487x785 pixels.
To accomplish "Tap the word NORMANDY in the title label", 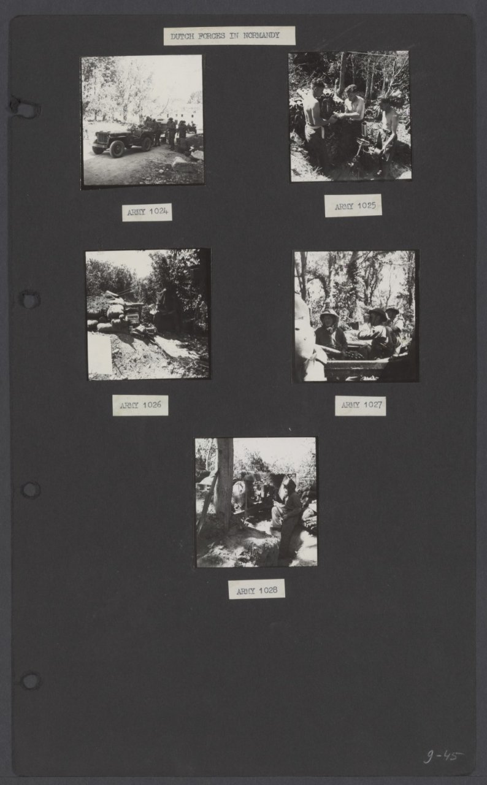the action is click(x=261, y=36).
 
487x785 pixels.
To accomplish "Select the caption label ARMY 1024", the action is click(x=147, y=212).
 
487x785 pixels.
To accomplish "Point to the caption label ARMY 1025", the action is click(x=353, y=205).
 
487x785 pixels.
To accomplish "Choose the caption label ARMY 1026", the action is click(x=140, y=405).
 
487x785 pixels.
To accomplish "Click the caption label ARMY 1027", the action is click(x=361, y=406).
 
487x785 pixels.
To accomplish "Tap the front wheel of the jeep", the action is click(x=117, y=149).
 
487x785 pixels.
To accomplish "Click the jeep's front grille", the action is click(x=102, y=138).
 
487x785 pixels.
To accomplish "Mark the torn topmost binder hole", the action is click(x=25, y=107).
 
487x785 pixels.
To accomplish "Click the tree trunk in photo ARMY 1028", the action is click(x=223, y=484).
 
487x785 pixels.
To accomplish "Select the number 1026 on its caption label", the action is click(x=151, y=405).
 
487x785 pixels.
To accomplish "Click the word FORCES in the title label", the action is click(x=212, y=36).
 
